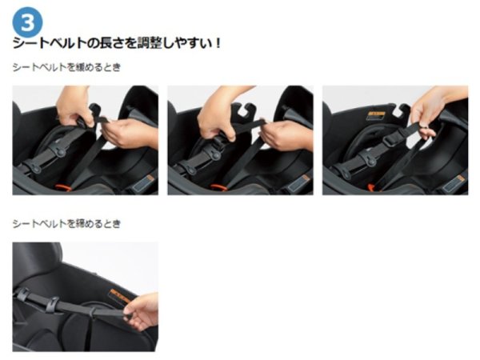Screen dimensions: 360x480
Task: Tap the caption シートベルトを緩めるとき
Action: [x=66, y=68]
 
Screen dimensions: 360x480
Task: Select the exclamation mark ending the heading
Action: [x=218, y=42]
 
